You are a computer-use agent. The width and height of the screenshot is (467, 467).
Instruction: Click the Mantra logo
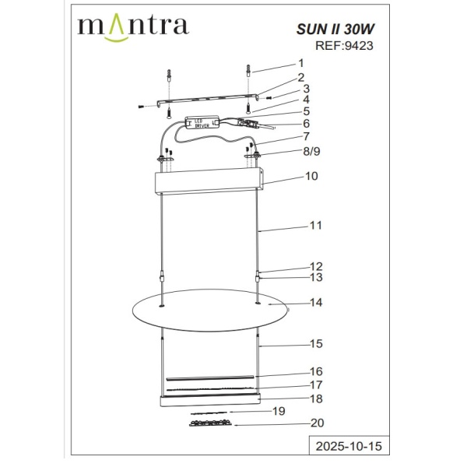click(132, 26)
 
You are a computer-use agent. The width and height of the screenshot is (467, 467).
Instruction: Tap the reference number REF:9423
click(343, 45)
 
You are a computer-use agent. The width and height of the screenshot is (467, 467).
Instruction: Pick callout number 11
click(315, 226)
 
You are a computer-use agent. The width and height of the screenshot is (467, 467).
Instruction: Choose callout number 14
click(316, 302)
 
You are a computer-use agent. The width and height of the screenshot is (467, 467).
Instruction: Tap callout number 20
click(316, 424)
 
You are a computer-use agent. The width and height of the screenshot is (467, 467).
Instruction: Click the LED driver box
click(205, 123)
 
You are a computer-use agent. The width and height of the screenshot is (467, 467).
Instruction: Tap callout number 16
click(316, 371)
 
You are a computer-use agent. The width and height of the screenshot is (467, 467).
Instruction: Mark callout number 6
click(306, 123)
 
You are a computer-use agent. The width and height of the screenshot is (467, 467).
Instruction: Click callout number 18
click(316, 398)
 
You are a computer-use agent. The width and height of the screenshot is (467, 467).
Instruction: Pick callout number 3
click(306, 89)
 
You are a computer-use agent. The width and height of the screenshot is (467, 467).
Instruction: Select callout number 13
click(316, 277)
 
